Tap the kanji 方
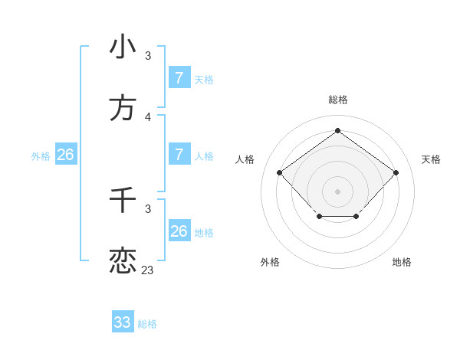coord(123,108)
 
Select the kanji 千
coord(123,200)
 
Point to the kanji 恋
coord(123,261)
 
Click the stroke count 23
coord(147,270)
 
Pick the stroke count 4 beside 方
coord(147,116)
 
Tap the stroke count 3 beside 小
coord(147,55)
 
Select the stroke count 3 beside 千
coord(147,208)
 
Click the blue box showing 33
coord(123,322)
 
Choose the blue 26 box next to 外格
coord(65,155)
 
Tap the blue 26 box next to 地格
coord(179,231)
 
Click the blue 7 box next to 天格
coord(179,78)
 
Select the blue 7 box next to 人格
coord(179,155)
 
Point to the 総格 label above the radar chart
coord(337,100)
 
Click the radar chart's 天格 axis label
coord(431,159)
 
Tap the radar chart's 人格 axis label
coord(245,159)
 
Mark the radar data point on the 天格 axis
coord(396,172)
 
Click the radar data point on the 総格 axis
coord(337,131)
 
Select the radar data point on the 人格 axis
coord(280,172)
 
